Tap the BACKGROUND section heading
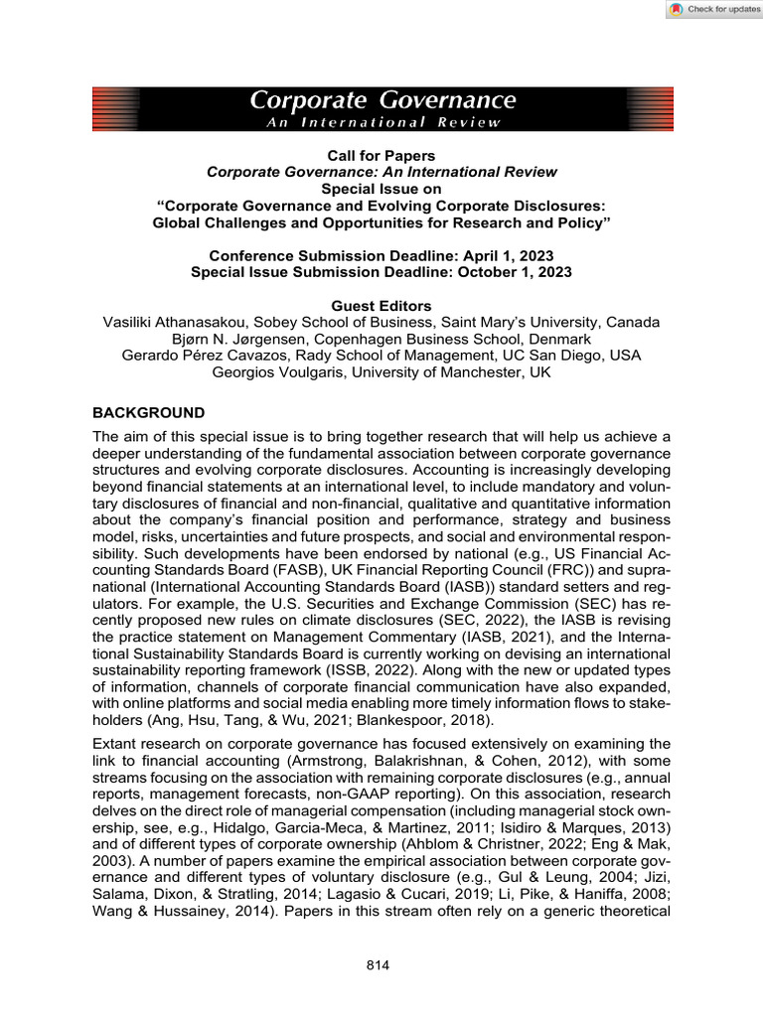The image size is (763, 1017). [x=149, y=412]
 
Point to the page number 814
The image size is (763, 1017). [x=381, y=964]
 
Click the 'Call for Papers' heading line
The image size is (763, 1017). [x=381, y=155]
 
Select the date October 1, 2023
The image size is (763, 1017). [x=505, y=271]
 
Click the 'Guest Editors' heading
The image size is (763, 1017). [x=381, y=306]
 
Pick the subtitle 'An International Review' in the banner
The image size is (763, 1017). [x=381, y=121]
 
